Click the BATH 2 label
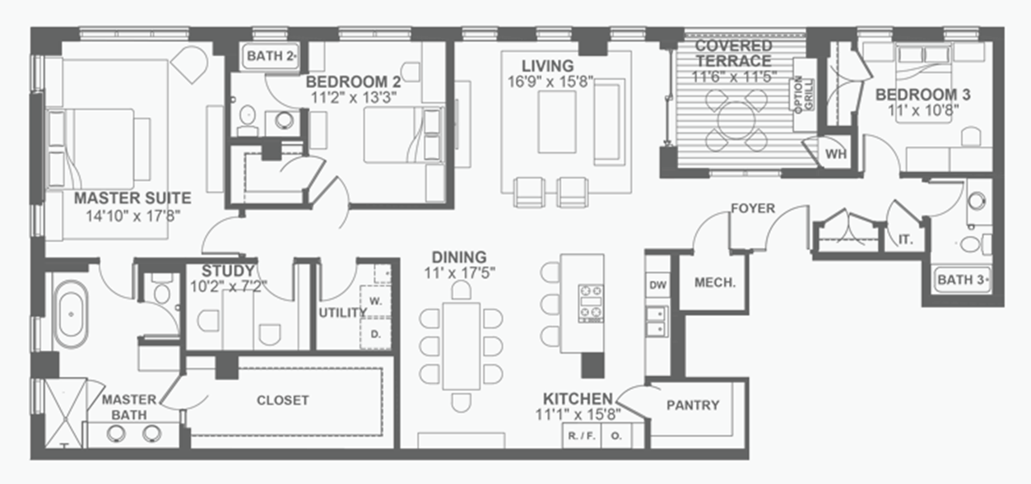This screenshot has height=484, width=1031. (x=270, y=56)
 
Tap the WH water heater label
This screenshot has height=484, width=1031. (x=836, y=154)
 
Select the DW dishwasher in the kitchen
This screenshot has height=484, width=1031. (x=657, y=285)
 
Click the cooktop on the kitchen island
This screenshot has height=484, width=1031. (x=591, y=303)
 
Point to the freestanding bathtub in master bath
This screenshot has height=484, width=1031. (x=71, y=314)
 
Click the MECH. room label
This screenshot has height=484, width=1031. (x=715, y=282)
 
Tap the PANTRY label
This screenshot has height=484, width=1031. (x=693, y=405)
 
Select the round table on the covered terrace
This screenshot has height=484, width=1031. (x=736, y=120)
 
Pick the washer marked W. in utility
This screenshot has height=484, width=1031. (x=375, y=301)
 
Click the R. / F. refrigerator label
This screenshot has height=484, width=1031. (x=582, y=435)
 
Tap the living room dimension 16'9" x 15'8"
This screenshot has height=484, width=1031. (x=550, y=82)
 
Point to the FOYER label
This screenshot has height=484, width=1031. (x=753, y=208)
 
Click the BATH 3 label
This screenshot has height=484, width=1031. (x=962, y=280)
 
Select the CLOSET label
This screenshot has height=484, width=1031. (x=282, y=400)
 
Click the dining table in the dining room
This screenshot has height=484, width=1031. (x=461, y=346)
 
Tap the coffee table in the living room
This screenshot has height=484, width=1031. (x=557, y=122)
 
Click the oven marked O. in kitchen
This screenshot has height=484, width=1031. (x=617, y=435)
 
